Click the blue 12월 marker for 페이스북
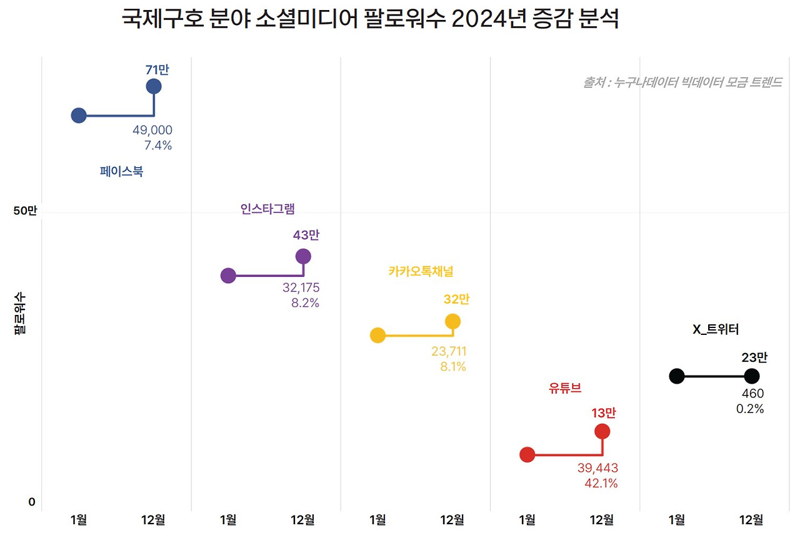[x=154, y=86]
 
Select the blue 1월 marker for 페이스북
[x=79, y=115]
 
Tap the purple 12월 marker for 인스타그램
[x=303, y=256]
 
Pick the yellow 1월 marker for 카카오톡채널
[x=377, y=336]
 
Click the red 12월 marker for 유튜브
[x=602, y=431]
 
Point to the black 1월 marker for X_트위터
[x=677, y=376]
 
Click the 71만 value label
[x=157, y=70]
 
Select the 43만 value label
[x=306, y=236]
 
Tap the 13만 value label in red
[x=603, y=413]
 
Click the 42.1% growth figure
[x=601, y=484]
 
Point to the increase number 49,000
[x=152, y=130]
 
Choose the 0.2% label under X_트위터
[x=750, y=409]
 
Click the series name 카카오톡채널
[x=421, y=271]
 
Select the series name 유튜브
[x=565, y=388]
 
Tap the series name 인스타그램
[x=267, y=209]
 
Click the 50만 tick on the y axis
[x=26, y=211]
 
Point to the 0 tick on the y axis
[x=32, y=502]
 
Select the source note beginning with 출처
[x=682, y=82]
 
